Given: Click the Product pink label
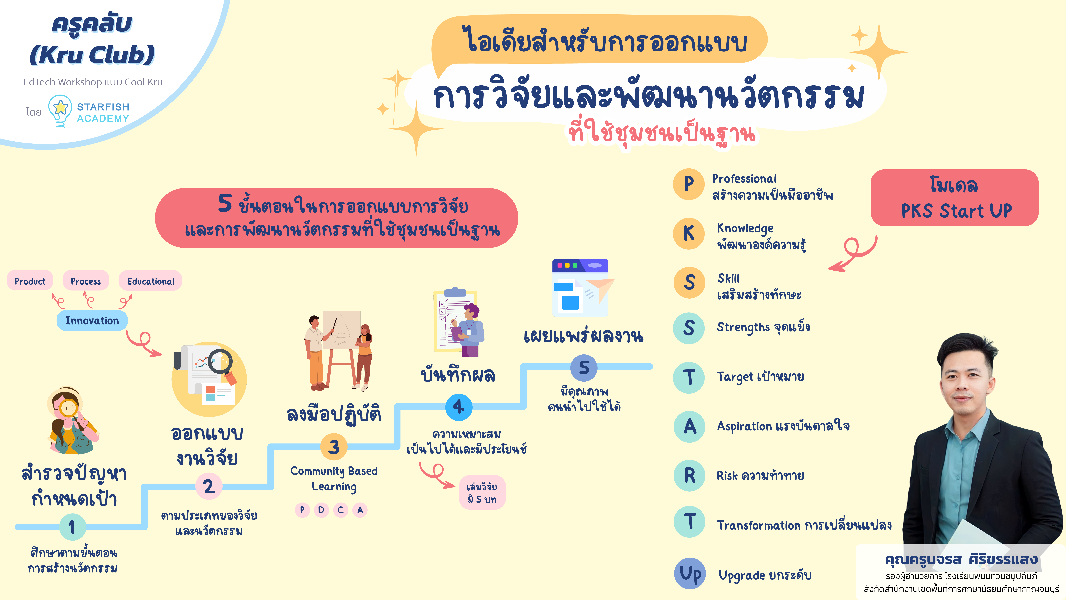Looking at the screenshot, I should (30, 281).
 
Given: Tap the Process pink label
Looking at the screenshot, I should (86, 281).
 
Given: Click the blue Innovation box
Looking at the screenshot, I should (92, 321).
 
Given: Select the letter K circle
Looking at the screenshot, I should (689, 233).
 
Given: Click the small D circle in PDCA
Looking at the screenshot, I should (321, 510).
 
